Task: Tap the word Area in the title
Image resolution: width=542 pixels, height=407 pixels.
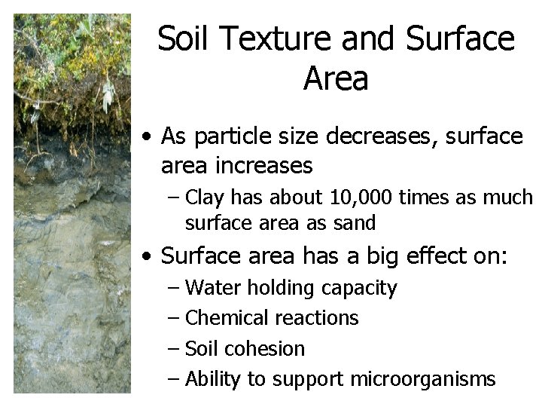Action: (336, 78)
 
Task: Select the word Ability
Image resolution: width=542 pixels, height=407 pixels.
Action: (212, 379)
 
